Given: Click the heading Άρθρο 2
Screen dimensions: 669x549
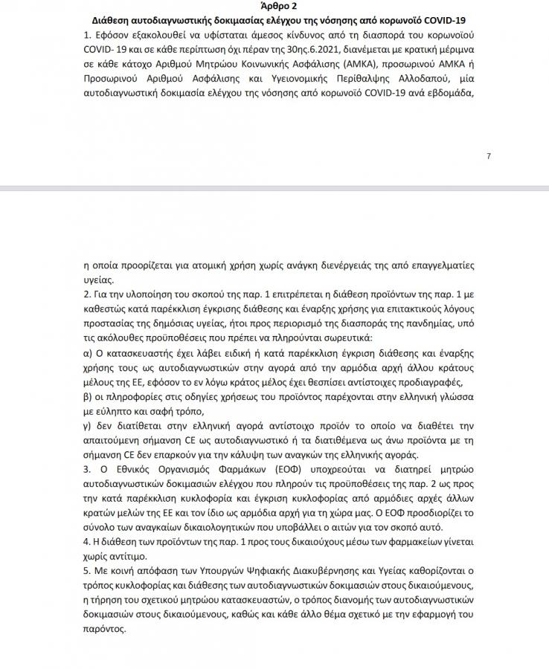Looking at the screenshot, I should pyautogui.click(x=274, y=6).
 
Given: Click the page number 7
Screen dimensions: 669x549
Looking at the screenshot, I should pyautogui.click(x=489, y=155).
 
